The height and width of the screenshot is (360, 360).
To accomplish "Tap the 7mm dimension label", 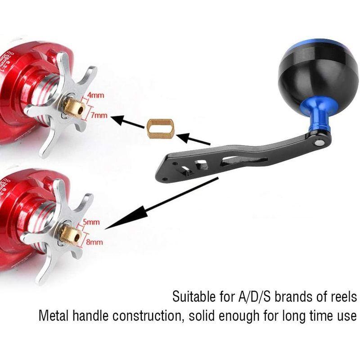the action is pos(99,116).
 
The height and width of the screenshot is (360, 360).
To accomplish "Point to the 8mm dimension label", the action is pos(94,242).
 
